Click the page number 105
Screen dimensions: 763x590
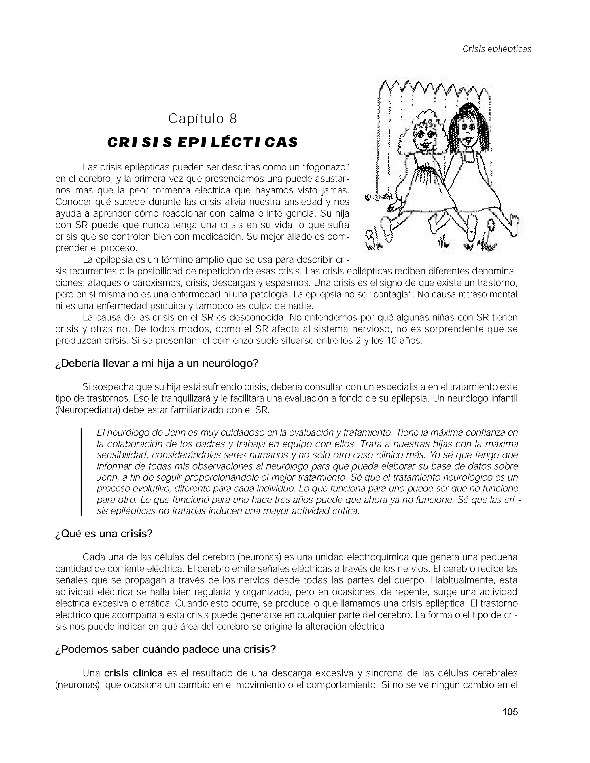(x=510, y=712)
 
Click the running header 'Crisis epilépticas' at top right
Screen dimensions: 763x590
(x=497, y=49)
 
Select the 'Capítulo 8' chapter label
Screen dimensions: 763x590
(x=202, y=119)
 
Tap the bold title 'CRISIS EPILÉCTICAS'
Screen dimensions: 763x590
(x=202, y=143)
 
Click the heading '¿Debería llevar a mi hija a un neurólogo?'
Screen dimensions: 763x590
(x=157, y=364)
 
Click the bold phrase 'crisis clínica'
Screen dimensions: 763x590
(x=133, y=673)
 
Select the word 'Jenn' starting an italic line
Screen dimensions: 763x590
(x=105, y=478)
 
